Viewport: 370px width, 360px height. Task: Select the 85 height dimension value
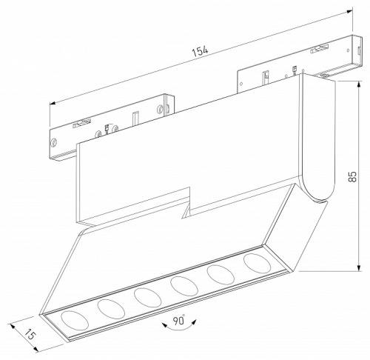pos(353,176)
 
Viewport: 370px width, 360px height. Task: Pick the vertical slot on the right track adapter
pos(263,76)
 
